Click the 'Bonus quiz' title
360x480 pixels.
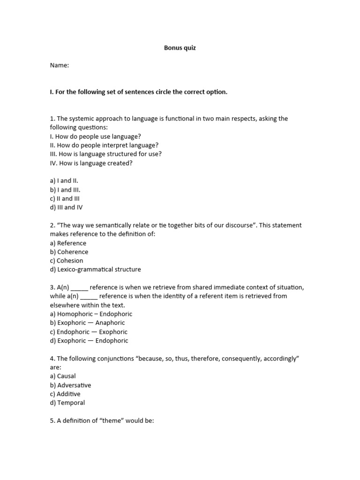click(x=180, y=48)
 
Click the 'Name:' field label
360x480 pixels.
click(x=60, y=66)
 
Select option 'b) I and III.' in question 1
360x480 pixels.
click(x=65, y=190)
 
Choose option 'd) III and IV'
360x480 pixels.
click(x=67, y=208)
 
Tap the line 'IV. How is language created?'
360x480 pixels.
click(x=91, y=163)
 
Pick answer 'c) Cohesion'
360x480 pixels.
click(x=67, y=261)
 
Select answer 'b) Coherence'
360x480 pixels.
click(x=69, y=252)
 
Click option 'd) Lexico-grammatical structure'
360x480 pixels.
click(x=96, y=270)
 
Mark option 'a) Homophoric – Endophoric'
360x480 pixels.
click(x=91, y=314)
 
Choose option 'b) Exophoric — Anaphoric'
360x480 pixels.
click(x=88, y=323)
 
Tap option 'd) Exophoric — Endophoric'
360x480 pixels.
click(x=89, y=341)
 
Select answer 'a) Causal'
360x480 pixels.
click(x=63, y=376)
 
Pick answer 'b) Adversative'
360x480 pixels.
click(x=71, y=385)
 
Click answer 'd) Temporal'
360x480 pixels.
click(x=67, y=403)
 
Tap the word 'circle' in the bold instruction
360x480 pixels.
click(x=154, y=92)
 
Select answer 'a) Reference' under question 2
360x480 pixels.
click(x=68, y=243)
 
